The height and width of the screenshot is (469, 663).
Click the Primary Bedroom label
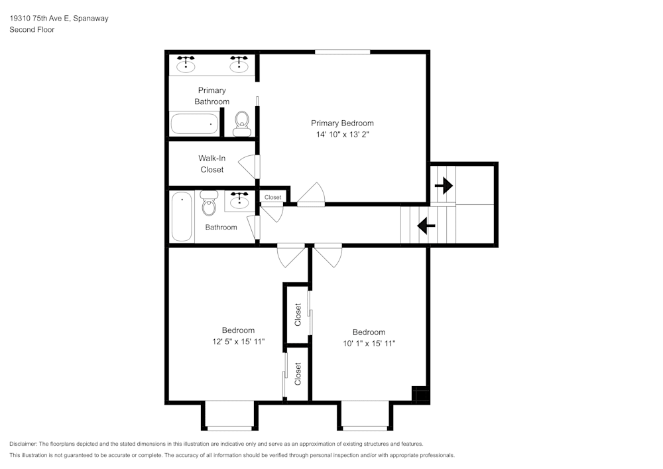click(342, 123)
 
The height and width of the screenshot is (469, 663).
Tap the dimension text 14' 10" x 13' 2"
click(342, 134)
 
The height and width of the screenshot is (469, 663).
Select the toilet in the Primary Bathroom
click(241, 123)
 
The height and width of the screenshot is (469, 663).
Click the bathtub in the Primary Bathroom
click(194, 123)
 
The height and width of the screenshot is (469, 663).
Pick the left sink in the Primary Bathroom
click(186, 64)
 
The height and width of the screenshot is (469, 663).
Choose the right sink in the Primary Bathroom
click(239, 64)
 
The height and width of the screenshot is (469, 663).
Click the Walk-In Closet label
click(211, 164)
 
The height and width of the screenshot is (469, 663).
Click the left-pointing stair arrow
click(426, 226)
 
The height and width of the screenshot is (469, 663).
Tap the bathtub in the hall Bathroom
click(182, 216)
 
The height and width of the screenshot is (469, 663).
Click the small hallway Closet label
click(272, 197)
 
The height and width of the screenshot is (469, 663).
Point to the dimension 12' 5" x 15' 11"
click(238, 342)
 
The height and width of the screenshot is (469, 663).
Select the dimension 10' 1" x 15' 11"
click(369, 344)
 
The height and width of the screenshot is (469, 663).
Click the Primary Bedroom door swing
click(311, 195)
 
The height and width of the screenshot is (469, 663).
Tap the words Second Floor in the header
click(32, 30)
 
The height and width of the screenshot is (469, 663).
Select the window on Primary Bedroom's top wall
click(342, 52)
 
